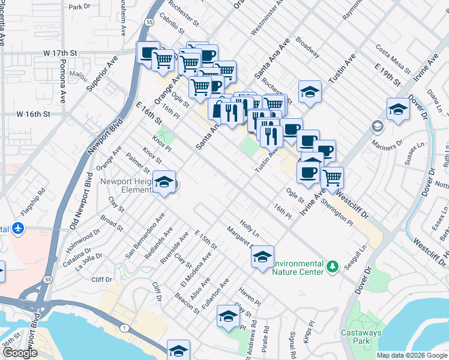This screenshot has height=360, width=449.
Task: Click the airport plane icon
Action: [18, 229]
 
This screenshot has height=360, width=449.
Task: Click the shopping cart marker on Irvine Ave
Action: [332, 177]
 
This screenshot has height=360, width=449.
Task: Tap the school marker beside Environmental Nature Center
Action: [262, 257]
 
